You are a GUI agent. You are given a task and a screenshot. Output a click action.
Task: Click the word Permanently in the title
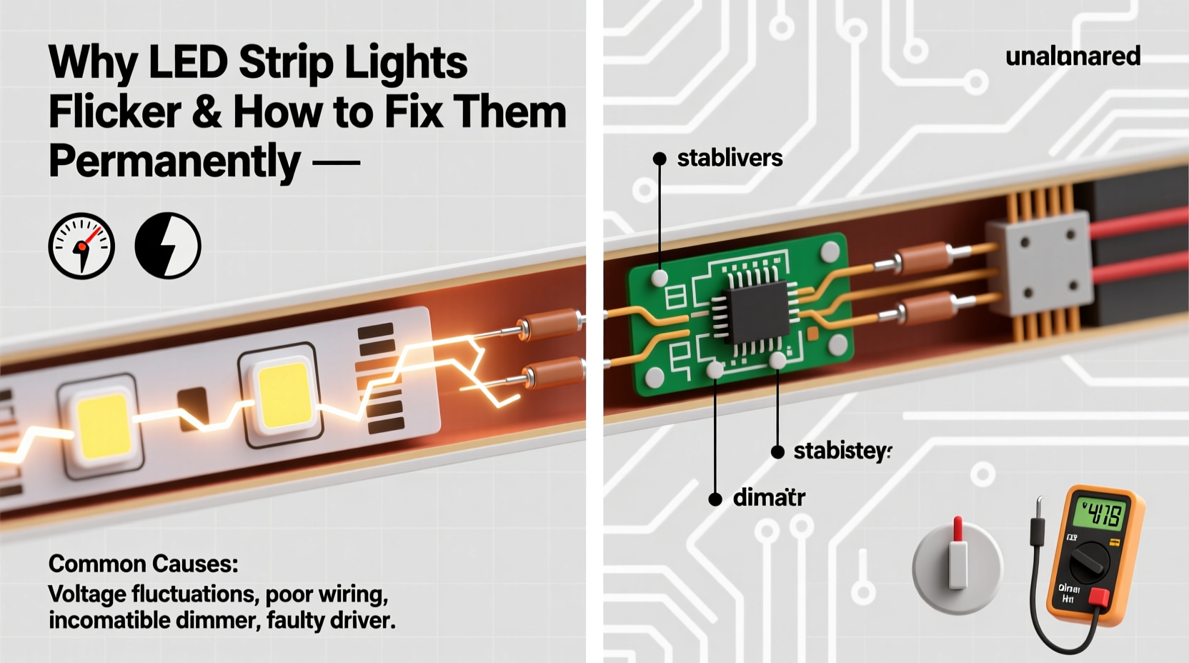click(x=174, y=161)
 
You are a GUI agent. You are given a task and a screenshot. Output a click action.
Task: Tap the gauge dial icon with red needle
click(x=81, y=246)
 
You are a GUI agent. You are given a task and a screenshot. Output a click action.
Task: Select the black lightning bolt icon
click(x=168, y=246)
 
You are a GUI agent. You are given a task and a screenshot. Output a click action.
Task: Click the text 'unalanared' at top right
click(x=1073, y=56)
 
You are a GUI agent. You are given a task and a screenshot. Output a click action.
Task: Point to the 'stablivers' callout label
click(x=730, y=158)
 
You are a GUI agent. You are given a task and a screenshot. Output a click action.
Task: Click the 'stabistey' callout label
click(x=842, y=452)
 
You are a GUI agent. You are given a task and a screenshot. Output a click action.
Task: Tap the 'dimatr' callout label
click(x=769, y=498)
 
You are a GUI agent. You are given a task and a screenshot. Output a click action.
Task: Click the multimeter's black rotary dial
click(x=1089, y=565)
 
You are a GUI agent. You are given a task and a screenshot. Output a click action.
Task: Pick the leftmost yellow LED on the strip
click(x=102, y=427)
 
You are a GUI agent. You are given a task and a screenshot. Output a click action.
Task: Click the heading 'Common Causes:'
click(x=143, y=564)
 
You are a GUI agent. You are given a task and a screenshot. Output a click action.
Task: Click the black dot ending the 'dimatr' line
click(x=715, y=499)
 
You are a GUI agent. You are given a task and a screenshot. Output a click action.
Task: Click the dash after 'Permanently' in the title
click(x=336, y=163)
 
